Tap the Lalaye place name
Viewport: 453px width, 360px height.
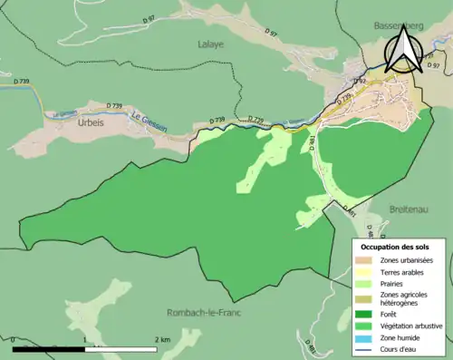210,43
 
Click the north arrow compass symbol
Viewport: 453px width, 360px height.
402,50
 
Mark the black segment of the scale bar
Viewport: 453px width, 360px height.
49,349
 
